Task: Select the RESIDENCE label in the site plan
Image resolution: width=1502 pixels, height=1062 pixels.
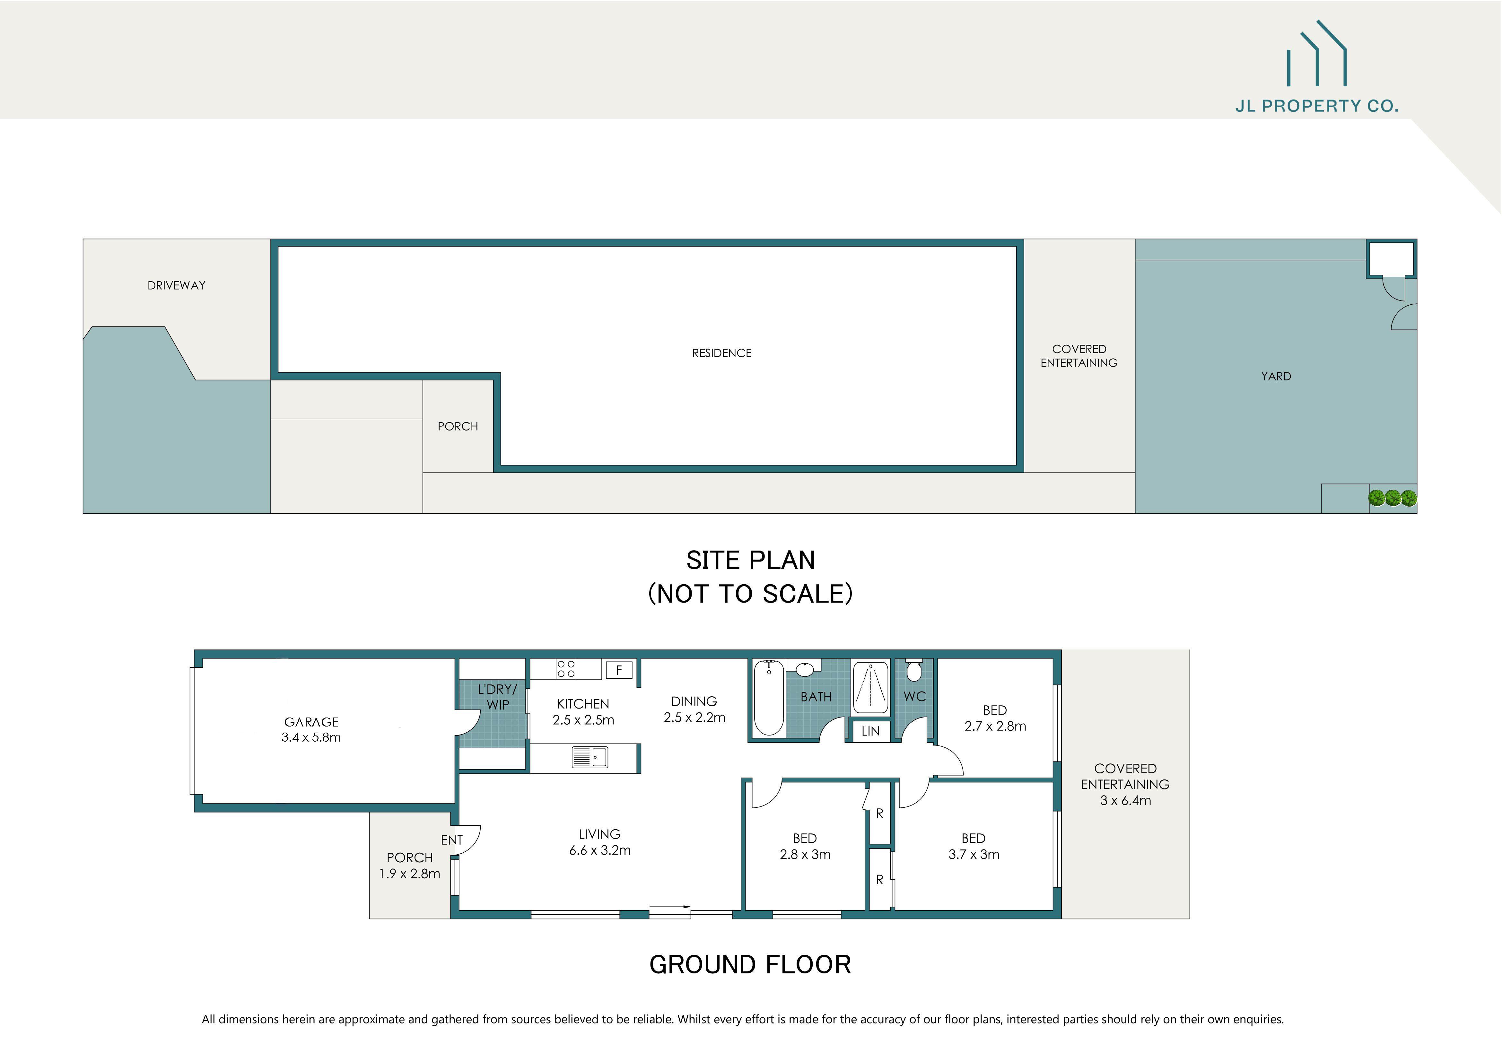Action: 721,353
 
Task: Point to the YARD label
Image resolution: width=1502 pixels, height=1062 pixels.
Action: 1276,376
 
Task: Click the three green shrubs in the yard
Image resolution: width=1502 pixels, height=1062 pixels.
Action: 1392,498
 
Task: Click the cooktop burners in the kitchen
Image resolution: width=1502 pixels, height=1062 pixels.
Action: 566,668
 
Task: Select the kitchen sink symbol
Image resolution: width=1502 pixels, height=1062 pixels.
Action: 590,757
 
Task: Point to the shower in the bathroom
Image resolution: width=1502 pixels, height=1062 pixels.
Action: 870,688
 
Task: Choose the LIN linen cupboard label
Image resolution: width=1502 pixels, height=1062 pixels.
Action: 870,731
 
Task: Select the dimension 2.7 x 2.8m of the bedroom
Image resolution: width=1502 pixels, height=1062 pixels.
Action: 995,726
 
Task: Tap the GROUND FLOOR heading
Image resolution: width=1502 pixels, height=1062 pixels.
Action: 750,964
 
